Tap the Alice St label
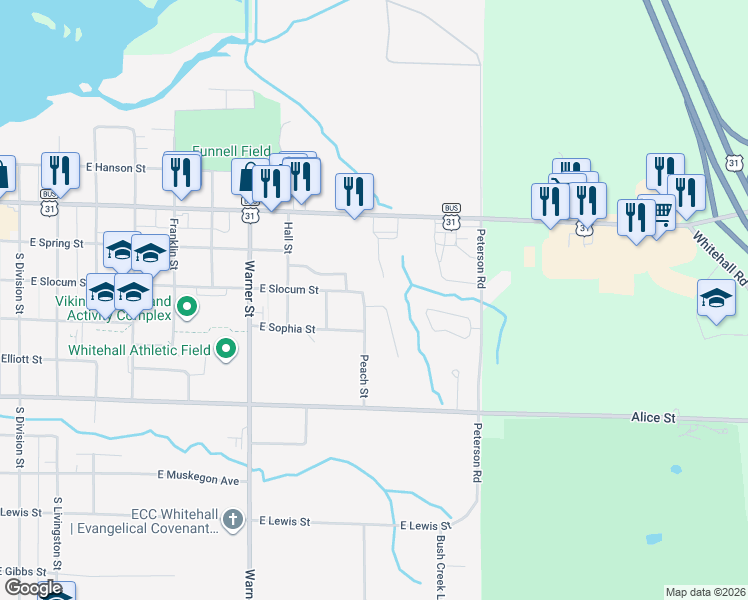653,417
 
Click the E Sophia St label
287,328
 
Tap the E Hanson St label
116,168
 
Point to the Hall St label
288,236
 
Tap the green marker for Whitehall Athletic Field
227,349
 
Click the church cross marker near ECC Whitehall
232,518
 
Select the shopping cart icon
660,212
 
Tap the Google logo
33,588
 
